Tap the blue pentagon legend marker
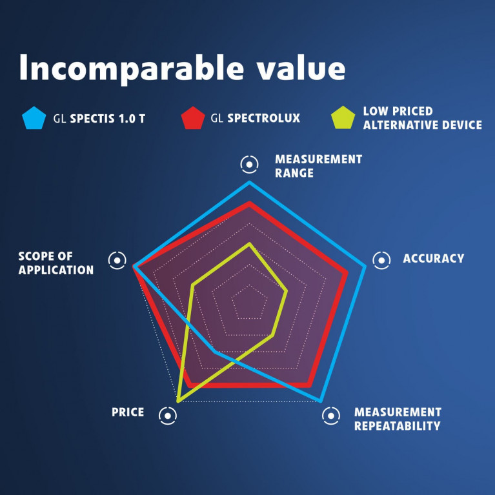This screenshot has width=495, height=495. tap(34, 118)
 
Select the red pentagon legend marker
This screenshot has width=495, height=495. tap(193, 118)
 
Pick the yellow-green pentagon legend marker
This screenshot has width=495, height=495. tap(343, 117)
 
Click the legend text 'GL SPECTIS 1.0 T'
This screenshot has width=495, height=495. tap(99, 119)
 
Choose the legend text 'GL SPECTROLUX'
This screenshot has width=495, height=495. tap(256, 118)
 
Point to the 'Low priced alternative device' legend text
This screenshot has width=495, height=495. tap(422, 118)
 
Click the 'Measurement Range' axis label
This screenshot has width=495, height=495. tap(319, 166)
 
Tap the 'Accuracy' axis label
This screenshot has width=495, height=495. tap(434, 259)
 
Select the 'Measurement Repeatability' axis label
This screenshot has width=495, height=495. tap(398, 419)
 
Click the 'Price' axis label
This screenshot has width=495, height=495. tap(128, 412)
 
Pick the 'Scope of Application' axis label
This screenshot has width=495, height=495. tap(56, 263)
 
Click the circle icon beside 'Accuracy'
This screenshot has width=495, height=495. tap(381, 261)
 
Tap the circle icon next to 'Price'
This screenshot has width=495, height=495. tap(168, 416)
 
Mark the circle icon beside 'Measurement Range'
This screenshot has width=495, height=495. tap(249, 165)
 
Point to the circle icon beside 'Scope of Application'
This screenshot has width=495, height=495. tap(117, 261)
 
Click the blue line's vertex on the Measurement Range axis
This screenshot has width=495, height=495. tap(249, 182)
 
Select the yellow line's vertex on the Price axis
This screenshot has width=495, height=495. tap(178, 401)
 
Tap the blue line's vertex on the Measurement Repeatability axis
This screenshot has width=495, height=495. tap(320, 401)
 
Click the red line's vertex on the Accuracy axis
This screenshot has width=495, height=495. tap(347, 272)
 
